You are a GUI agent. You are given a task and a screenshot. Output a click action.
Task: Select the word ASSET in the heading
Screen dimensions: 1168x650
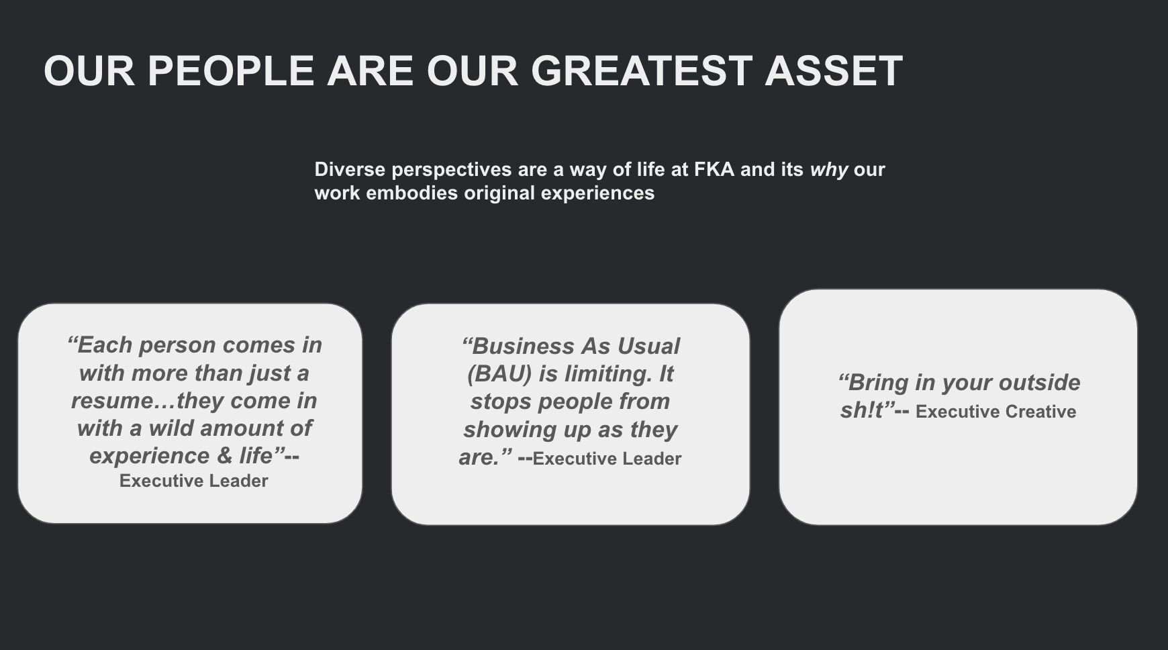coord(834,71)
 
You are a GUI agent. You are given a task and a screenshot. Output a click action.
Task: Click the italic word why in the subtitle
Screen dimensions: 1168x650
coord(829,170)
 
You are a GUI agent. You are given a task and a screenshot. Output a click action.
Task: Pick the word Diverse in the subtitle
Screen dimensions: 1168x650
coord(350,169)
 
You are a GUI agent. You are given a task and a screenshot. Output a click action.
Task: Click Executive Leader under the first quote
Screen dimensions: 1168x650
coord(194,481)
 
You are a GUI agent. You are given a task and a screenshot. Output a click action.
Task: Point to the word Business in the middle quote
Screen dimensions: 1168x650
coord(517,346)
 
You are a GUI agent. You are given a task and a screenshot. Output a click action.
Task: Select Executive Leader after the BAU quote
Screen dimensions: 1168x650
coord(607,459)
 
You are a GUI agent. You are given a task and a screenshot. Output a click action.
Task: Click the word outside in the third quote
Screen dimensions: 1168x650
coord(1039,383)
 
